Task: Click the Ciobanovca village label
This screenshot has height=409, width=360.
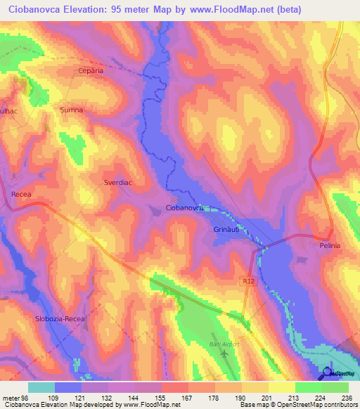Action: click(x=184, y=209)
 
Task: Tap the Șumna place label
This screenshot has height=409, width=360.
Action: click(x=71, y=110)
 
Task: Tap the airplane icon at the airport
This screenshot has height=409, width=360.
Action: click(x=224, y=352)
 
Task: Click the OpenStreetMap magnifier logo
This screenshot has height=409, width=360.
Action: click(x=329, y=372)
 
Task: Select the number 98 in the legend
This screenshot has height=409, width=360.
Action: click(x=25, y=398)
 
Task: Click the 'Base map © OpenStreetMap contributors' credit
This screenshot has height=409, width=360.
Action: click(x=297, y=405)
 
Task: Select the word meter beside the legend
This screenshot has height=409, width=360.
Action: click(x=11, y=398)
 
